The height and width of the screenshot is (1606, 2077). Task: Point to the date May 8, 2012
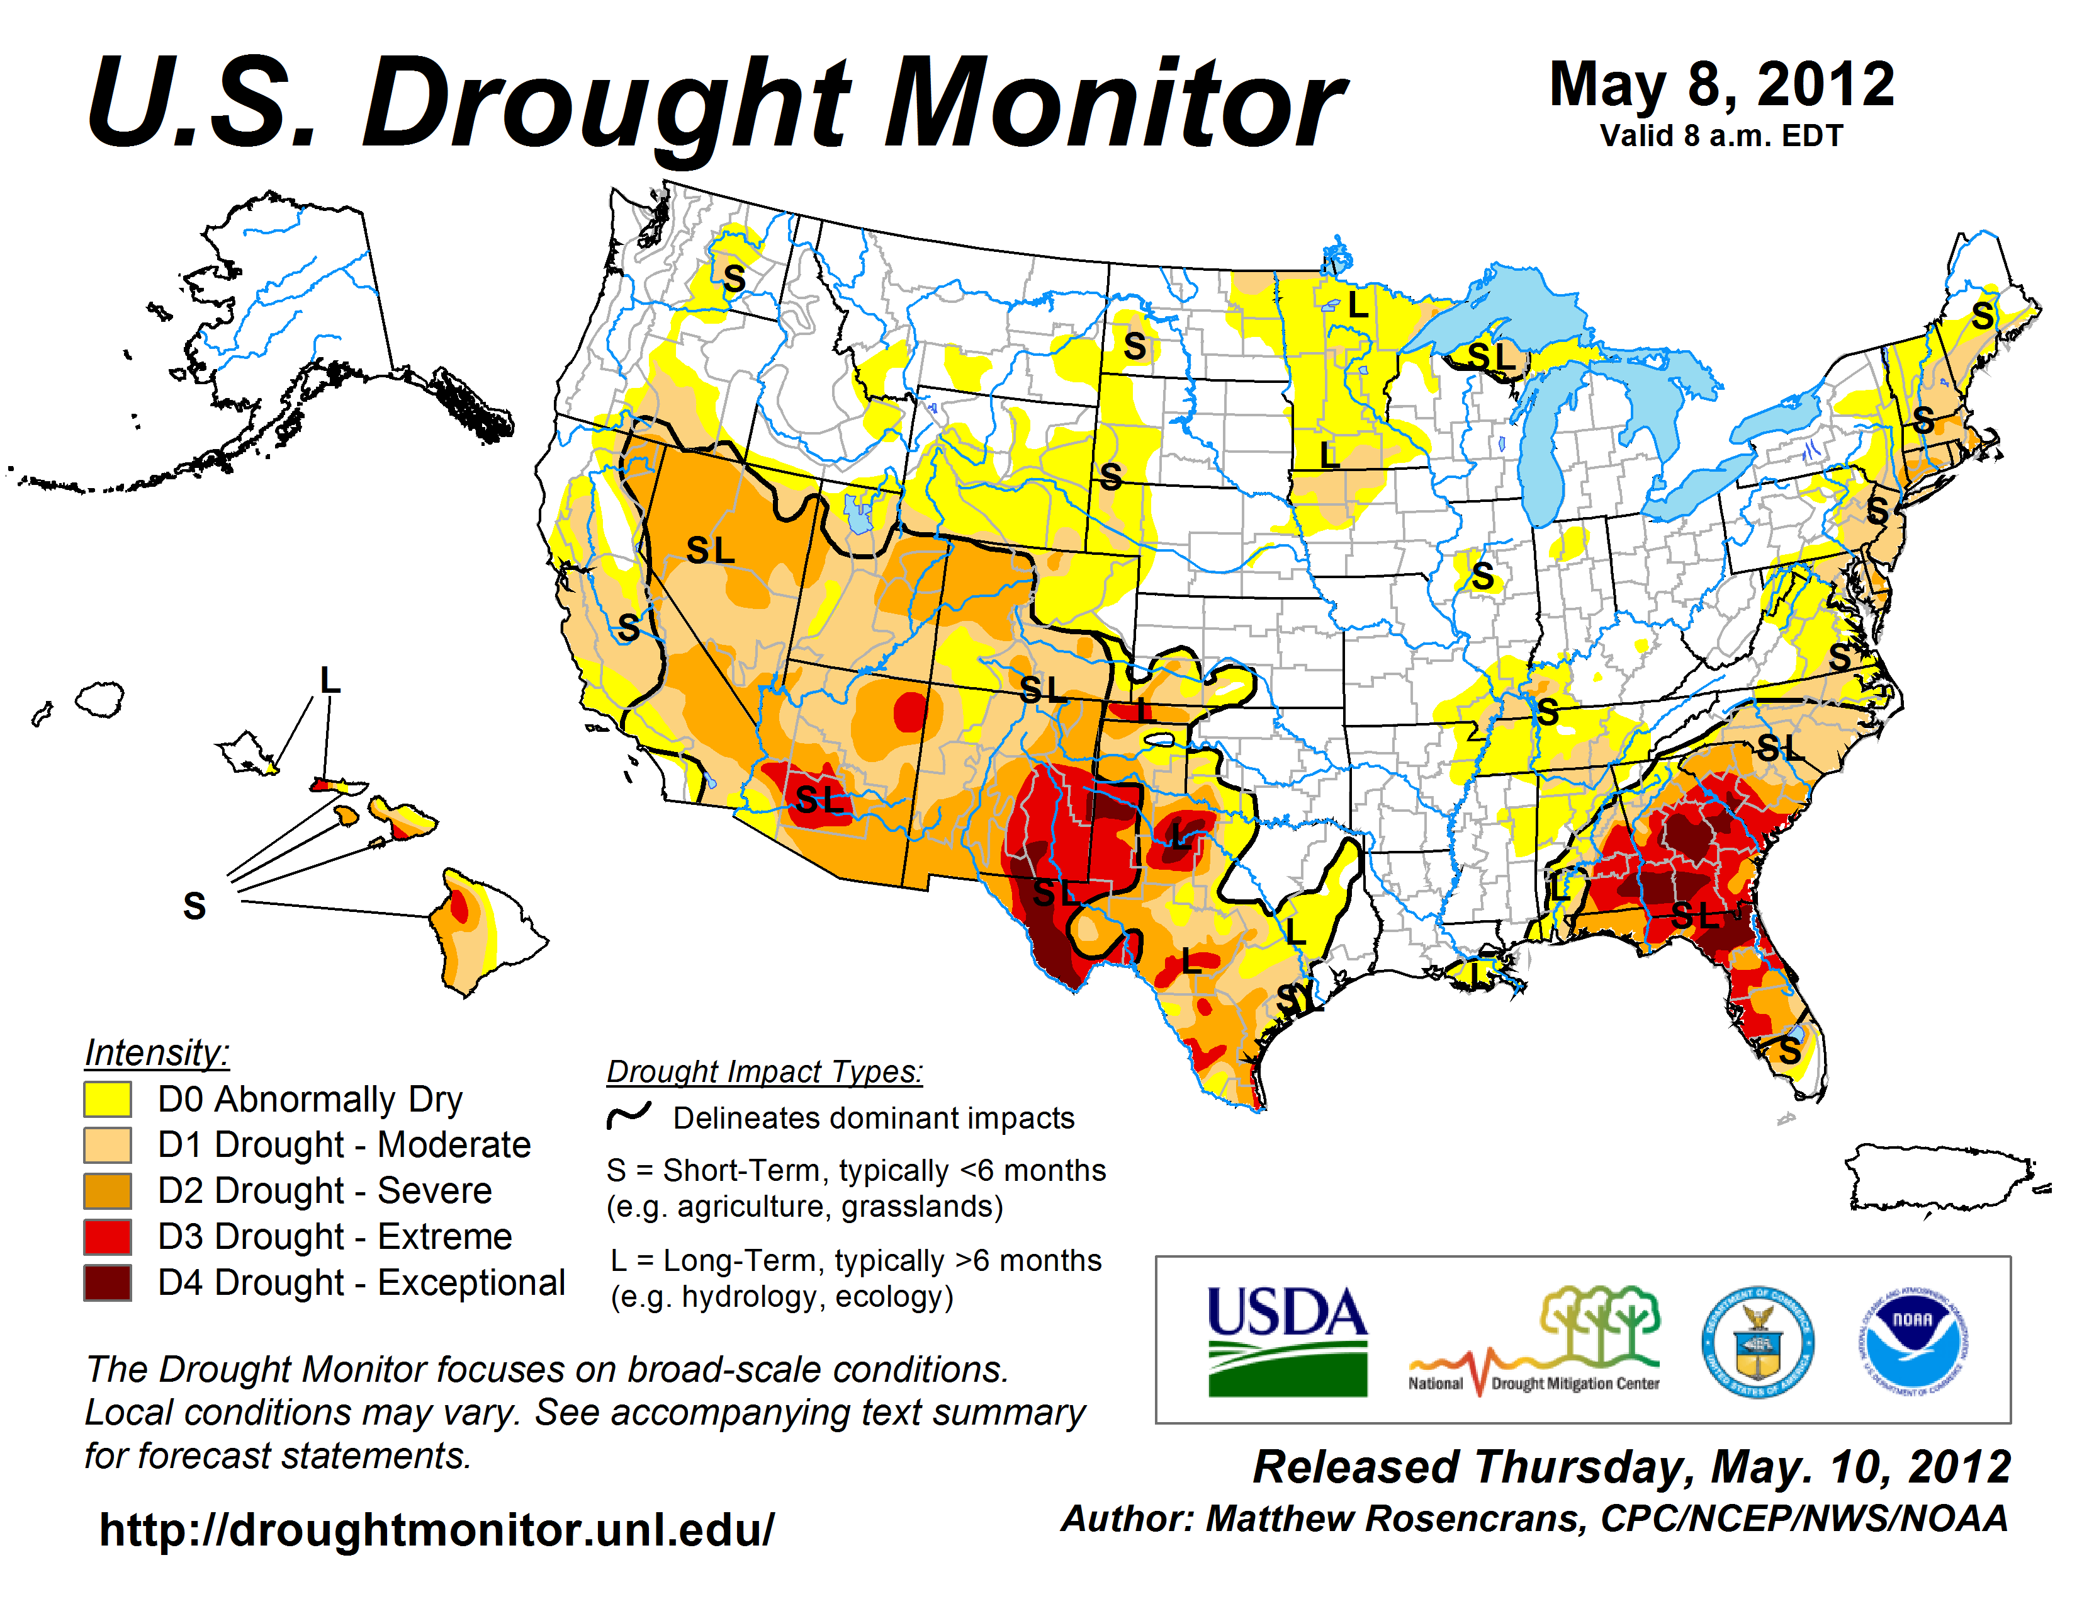pos(1721,84)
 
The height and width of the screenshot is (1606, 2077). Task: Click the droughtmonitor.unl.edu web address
pos(437,1530)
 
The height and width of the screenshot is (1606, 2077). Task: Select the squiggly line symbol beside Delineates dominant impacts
pos(629,1115)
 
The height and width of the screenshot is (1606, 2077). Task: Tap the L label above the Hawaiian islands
pos(329,680)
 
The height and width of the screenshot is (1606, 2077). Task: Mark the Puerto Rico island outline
pos(1940,1178)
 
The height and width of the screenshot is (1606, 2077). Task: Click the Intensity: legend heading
pos(157,1052)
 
